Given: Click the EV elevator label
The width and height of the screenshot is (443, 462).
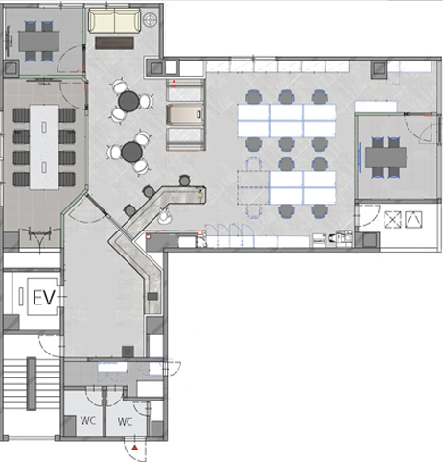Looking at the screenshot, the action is point(44,298).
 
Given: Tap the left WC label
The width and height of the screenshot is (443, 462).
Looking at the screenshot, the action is point(88,420).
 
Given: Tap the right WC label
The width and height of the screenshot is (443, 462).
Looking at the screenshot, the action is point(125,422).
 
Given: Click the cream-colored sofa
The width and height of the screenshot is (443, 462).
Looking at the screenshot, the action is point(114,20).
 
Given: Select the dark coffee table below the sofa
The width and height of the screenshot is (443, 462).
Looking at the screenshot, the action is point(114,43).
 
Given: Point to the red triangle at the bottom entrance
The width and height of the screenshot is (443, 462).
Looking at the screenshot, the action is point(135,448).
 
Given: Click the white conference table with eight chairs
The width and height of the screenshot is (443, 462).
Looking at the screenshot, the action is point(44,147).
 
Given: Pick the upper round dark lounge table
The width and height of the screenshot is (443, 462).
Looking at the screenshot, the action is point(128,102).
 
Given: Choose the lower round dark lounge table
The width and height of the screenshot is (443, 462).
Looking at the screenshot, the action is point(131,152).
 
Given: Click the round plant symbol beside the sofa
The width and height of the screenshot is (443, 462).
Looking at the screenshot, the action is point(150,20).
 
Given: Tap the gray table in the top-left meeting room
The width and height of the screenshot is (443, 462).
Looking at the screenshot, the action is point(39,41).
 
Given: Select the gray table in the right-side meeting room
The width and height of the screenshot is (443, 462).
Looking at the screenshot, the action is point(385,158).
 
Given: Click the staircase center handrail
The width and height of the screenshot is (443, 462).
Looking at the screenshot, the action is point(32,384).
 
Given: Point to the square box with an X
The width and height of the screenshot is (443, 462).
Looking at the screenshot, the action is point(392,220).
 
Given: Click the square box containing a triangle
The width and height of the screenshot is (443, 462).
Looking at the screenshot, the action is point(413,220).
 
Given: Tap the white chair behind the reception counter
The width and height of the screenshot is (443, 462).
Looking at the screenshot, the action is point(165,216).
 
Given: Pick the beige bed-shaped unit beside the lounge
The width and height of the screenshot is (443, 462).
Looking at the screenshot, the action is point(185,115).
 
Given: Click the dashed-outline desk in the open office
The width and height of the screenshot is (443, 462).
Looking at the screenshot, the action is point(253,187).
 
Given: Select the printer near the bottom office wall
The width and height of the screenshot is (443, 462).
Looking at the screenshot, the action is point(338,238).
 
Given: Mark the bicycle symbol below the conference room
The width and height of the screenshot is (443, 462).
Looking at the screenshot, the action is point(40,235).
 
